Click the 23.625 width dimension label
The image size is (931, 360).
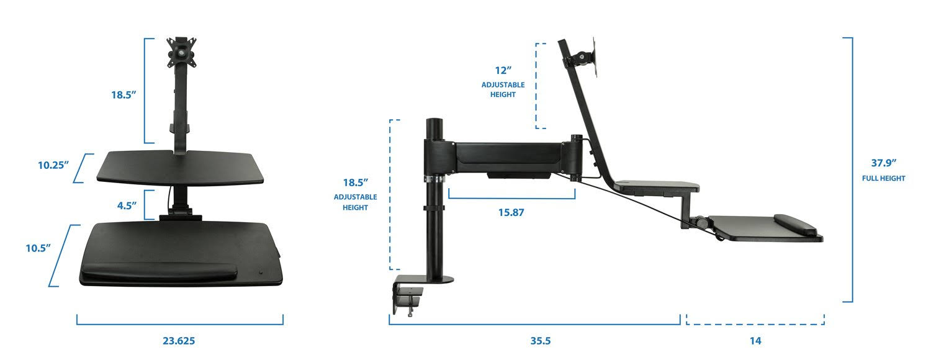pyautogui.click(x=179, y=341)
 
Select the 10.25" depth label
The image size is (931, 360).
pyautogui.click(x=53, y=165)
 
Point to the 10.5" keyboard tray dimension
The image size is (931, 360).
pyautogui.click(x=38, y=248)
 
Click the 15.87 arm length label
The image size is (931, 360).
pyautogui.click(x=511, y=212)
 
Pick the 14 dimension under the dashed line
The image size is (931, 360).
pyautogui.click(x=755, y=341)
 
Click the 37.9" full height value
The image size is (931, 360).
pyautogui.click(x=884, y=163)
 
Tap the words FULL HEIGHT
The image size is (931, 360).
pyautogui.click(x=884, y=179)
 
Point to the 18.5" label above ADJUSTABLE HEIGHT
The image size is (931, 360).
pyautogui.click(x=356, y=182)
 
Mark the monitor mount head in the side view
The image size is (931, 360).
pyautogui.click(x=582, y=59)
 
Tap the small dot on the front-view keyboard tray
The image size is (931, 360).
pyautogui.click(x=261, y=272)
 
